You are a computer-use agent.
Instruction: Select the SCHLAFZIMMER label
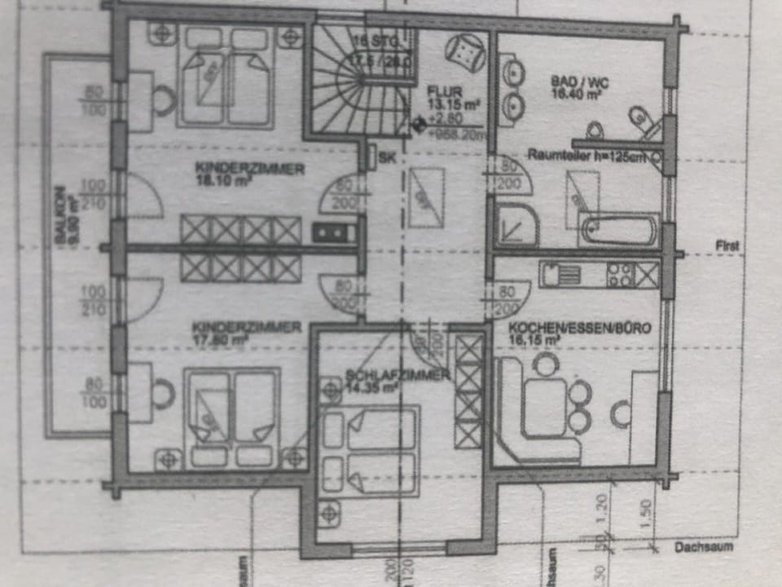click(398, 375)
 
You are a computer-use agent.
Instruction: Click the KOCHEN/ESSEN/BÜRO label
click(579, 329)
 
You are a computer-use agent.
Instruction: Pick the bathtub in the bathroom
click(618, 230)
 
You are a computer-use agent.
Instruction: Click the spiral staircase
click(358, 90)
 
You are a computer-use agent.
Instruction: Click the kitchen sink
click(560, 274)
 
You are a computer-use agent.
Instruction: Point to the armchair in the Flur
click(466, 52)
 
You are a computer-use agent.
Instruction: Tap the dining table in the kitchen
click(547, 405)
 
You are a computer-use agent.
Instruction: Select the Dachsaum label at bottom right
click(703, 547)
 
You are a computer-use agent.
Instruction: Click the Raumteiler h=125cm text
click(586, 155)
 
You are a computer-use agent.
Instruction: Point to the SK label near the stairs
click(388, 159)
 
